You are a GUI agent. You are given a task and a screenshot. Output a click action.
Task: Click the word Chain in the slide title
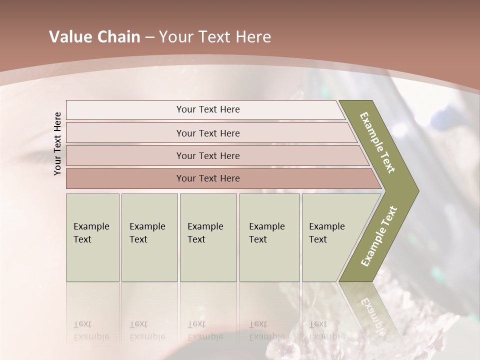(117, 37)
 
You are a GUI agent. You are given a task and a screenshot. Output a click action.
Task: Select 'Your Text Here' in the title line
(215, 37)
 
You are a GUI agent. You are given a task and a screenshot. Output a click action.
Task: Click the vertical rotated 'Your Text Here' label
(57, 144)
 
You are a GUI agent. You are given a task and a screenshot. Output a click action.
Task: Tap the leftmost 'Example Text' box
(92, 237)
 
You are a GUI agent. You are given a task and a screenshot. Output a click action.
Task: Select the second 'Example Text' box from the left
(149, 237)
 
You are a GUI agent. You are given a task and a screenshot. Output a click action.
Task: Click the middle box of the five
(208, 237)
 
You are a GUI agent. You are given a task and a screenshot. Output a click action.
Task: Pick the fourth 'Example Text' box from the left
(269, 237)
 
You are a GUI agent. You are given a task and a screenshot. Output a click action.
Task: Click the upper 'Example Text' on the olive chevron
(377, 142)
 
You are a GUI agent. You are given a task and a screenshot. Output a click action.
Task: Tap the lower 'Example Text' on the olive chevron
(379, 236)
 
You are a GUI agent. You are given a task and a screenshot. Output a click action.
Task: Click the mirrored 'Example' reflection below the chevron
(371, 315)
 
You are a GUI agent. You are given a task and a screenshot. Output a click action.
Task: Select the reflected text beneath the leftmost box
(91, 330)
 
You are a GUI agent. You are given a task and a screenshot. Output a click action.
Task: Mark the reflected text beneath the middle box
(205, 330)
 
